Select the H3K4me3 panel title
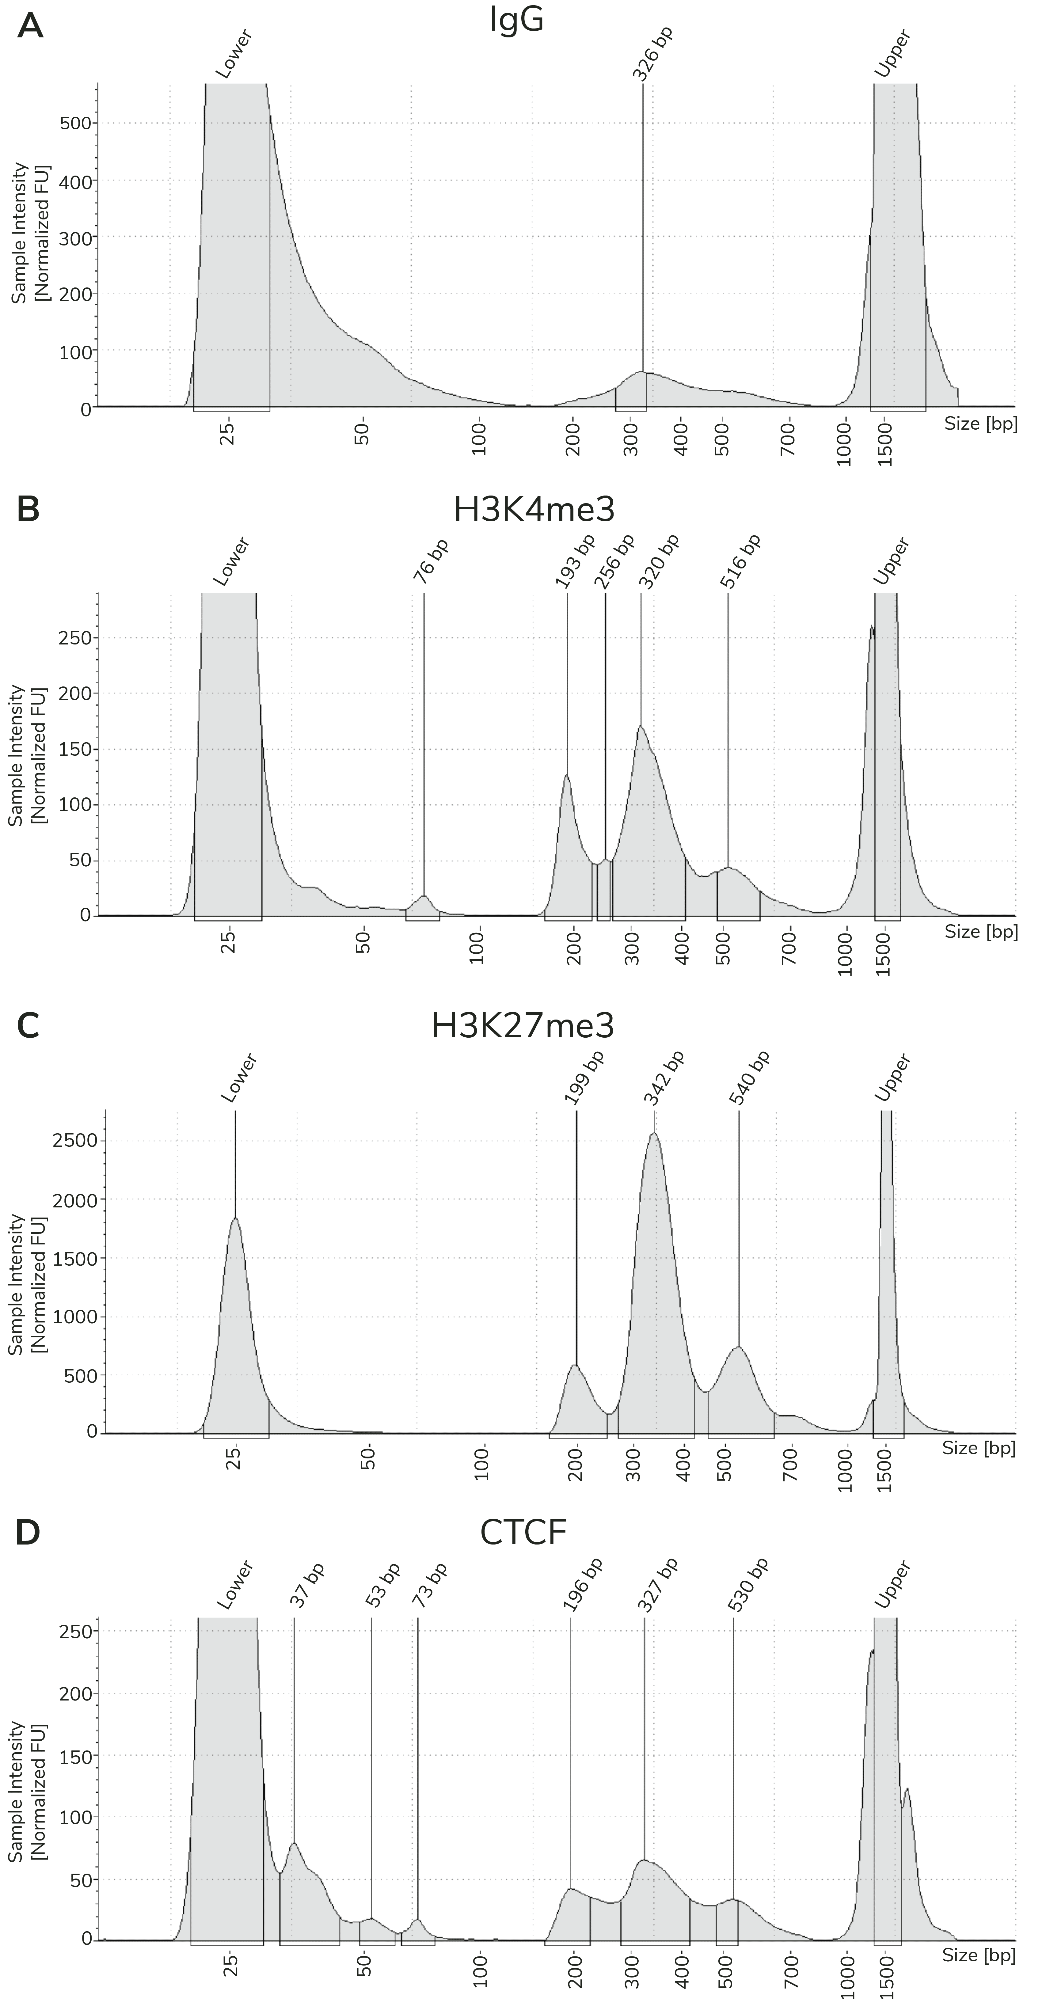coord(534,510)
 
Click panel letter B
coord(28,510)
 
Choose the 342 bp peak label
coord(664,1077)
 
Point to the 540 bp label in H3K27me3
coord(750,1077)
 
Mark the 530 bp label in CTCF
coord(748,1585)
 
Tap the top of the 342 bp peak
coord(654,1134)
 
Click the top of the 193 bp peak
coord(567,775)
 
